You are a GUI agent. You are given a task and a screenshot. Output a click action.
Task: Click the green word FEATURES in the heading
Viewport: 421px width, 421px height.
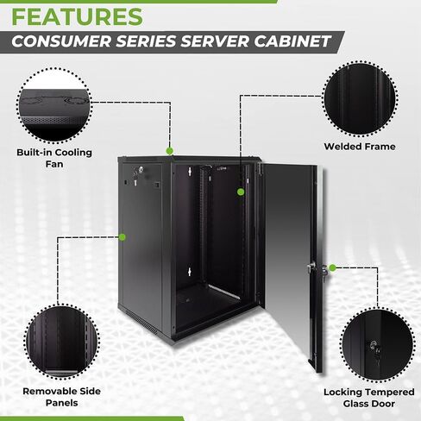pyautogui.click(x=77, y=16)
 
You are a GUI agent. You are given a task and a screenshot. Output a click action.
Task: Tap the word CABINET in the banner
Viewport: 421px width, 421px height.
pyautogui.click(x=292, y=41)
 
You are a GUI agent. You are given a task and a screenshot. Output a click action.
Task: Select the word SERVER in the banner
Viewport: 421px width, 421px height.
pyautogui.click(x=214, y=41)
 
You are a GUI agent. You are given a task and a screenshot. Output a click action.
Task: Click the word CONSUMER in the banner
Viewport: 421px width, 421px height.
pyautogui.click(x=61, y=41)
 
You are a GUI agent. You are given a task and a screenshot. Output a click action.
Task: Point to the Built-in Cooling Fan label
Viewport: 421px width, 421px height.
pyautogui.click(x=54, y=158)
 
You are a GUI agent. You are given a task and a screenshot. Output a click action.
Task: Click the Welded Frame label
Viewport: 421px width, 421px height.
pyautogui.click(x=360, y=147)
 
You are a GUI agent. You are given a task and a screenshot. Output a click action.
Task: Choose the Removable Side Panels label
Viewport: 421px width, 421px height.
pyautogui.click(x=61, y=397)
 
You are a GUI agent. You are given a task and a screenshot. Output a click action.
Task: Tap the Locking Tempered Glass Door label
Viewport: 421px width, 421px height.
pyautogui.click(x=369, y=398)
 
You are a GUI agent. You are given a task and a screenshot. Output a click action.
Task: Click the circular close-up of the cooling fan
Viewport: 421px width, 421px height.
pyautogui.click(x=53, y=105)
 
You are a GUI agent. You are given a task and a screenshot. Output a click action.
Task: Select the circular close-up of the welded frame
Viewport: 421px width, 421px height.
pyautogui.click(x=360, y=98)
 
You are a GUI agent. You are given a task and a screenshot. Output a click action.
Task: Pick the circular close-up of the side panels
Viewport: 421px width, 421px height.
pyautogui.click(x=62, y=342)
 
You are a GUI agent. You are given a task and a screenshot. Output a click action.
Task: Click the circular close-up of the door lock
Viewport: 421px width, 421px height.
pyautogui.click(x=377, y=345)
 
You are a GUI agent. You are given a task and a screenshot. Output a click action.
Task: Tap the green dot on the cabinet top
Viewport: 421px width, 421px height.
pyautogui.click(x=170, y=151)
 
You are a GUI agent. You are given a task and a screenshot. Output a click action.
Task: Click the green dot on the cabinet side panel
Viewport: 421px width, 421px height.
pyautogui.click(x=123, y=237)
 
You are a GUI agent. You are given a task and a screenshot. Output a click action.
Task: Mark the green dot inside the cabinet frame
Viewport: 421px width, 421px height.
pyautogui.click(x=241, y=192)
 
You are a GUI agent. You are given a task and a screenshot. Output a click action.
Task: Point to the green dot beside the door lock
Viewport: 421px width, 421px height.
pyautogui.click(x=332, y=268)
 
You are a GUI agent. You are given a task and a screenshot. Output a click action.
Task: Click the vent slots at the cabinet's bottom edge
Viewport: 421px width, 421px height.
pyautogui.click(x=141, y=322)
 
